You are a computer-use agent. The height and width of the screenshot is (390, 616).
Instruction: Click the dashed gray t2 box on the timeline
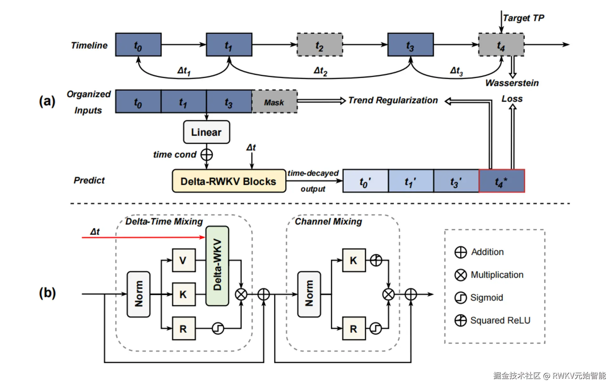pyautogui.click(x=319, y=45)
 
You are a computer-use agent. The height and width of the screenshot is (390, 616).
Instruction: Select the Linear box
pyautogui.click(x=206, y=132)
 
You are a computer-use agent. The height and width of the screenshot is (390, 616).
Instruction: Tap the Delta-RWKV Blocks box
pyautogui.click(x=228, y=181)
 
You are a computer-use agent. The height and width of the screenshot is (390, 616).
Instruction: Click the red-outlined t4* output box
pyautogui.click(x=502, y=181)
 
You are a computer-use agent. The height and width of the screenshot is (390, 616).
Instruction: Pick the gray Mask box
pyautogui.click(x=274, y=102)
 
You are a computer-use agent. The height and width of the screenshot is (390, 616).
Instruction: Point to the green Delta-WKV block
pyautogui.click(x=217, y=265)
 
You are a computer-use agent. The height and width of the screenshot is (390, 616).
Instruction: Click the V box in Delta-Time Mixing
pyautogui.click(x=183, y=260)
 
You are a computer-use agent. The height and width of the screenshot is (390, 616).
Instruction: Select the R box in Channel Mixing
pyautogui.click(x=354, y=328)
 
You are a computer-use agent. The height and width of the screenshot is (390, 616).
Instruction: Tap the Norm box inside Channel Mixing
pyautogui.click(x=309, y=294)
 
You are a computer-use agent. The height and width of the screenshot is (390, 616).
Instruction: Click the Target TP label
pyautogui.click(x=523, y=18)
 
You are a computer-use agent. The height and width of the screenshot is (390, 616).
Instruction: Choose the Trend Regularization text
pyautogui.click(x=393, y=101)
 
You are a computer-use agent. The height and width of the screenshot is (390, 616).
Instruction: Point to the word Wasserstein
pyautogui.click(x=512, y=83)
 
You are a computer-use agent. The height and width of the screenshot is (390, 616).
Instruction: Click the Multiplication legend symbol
pyautogui.click(x=460, y=275)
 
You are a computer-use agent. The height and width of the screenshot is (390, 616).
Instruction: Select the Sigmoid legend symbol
pyautogui.click(x=460, y=298)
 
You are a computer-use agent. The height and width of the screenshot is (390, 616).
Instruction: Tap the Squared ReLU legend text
pyautogui.click(x=500, y=321)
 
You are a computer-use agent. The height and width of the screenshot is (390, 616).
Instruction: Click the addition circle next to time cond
pyautogui.click(x=207, y=155)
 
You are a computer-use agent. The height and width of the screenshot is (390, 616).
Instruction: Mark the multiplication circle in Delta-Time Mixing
pyautogui.click(x=241, y=294)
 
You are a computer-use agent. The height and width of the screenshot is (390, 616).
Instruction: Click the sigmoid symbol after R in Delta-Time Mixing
pyautogui.click(x=218, y=328)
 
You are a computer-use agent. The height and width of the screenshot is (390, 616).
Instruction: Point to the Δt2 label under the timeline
pyautogui.click(x=320, y=71)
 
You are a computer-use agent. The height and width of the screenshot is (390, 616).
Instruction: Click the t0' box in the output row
pyautogui.click(x=365, y=181)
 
